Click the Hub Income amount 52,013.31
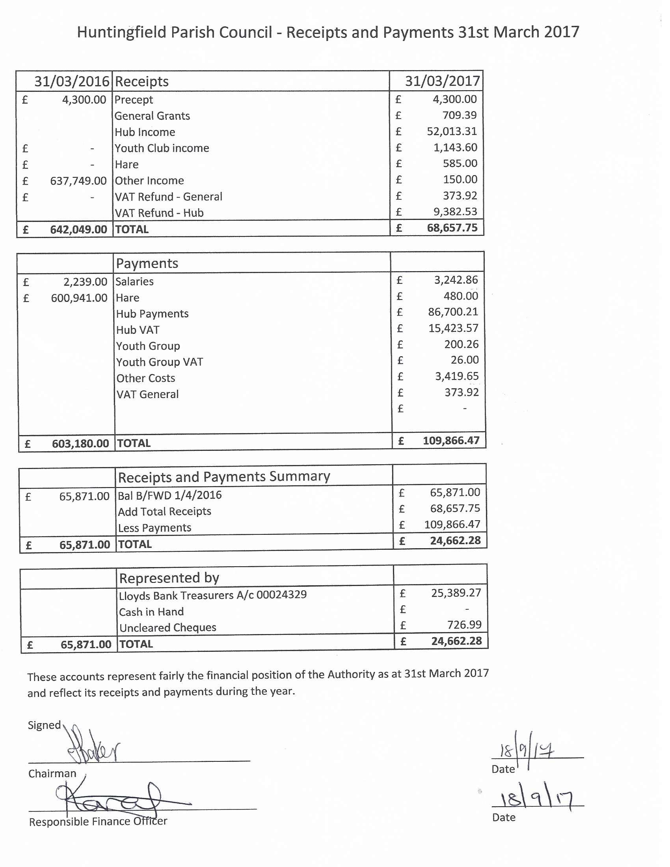point(451,131)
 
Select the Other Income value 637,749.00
point(78,181)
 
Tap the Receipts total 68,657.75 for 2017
point(452,228)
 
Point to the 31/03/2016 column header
point(71,82)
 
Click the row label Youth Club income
point(162,148)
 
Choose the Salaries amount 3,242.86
point(456,280)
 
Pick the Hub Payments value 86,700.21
point(452,312)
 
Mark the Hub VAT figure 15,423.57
point(453,328)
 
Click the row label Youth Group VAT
point(159,362)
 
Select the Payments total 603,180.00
point(80,443)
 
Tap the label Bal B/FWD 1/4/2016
point(169,495)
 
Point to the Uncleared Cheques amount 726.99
point(464,625)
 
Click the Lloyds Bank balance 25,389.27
point(456,593)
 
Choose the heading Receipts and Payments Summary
point(224,476)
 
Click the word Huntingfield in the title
point(121,32)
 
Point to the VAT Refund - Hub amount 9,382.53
point(455,212)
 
